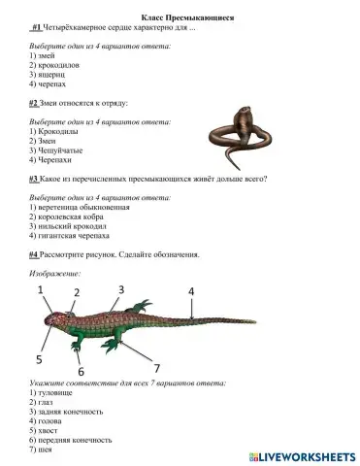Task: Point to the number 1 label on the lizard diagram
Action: point(41,289)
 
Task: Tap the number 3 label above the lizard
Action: point(120,289)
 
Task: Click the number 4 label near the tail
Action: point(190,291)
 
